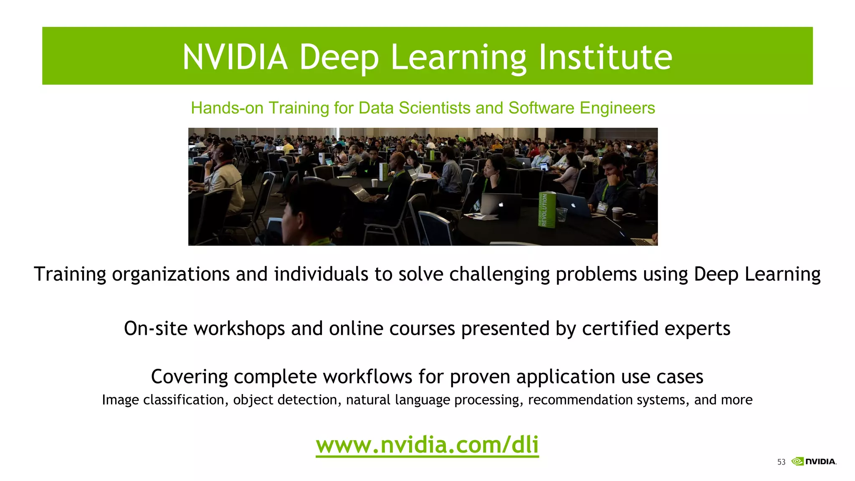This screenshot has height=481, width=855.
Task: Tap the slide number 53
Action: coord(781,462)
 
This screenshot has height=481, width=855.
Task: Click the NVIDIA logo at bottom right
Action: coord(814,461)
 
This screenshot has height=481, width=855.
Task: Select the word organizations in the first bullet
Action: coord(171,274)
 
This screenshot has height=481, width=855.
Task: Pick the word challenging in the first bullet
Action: coord(499,274)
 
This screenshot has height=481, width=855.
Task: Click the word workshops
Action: coord(239,329)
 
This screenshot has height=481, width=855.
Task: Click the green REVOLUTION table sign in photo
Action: coord(546,210)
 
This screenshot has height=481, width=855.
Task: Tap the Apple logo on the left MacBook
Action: coord(501,205)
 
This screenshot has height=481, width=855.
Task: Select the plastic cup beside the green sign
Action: coord(562,215)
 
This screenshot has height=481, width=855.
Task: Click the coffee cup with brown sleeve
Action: coord(617,213)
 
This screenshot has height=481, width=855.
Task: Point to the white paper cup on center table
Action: coord(374,183)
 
